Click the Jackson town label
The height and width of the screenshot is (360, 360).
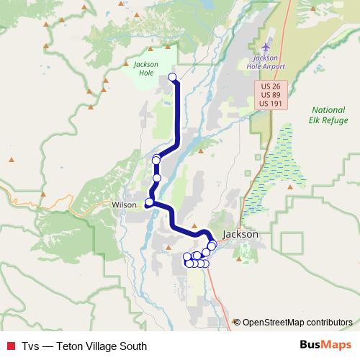point(240,234)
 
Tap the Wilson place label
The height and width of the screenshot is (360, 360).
point(124,204)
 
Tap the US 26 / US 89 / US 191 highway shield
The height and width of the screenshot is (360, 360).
point(271,95)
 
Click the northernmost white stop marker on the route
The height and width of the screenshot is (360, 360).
point(172,76)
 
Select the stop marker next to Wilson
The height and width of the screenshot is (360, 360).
point(149,202)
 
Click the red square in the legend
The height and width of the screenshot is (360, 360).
point(11,346)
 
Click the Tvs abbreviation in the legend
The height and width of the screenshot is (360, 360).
point(30,346)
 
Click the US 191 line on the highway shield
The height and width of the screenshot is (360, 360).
point(271,104)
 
